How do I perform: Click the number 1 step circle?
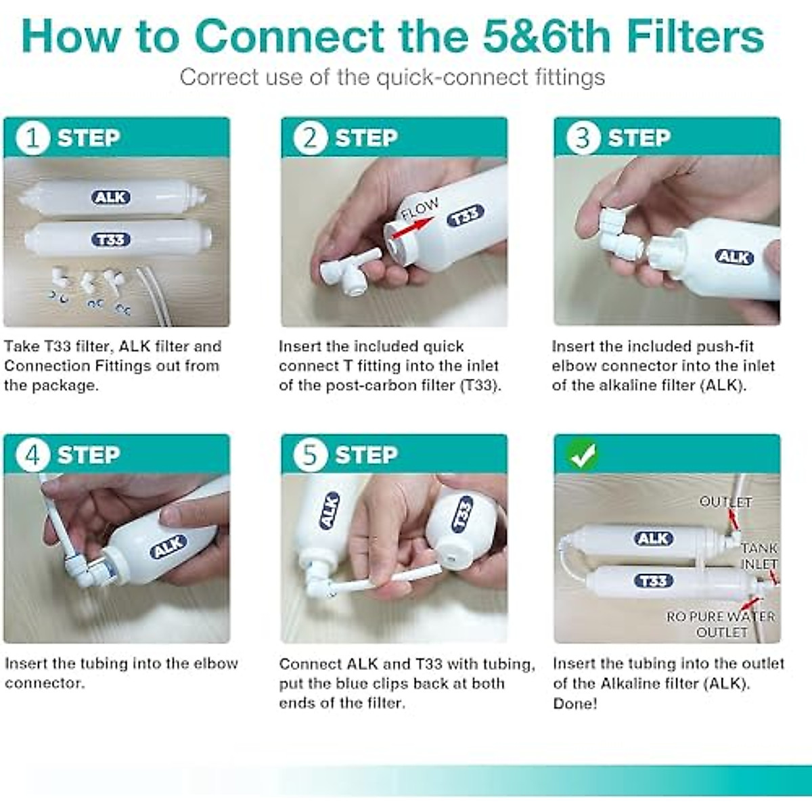tap(33, 138)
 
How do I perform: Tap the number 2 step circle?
tap(310, 138)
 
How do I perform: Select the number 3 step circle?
tap(583, 138)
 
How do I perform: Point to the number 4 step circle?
tap(33, 455)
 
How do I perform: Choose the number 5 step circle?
tap(310, 455)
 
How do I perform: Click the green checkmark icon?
tap(583, 455)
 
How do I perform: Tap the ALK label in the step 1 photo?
tap(111, 197)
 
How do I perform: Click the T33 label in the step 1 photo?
tap(111, 240)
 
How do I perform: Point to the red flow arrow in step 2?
tap(412, 226)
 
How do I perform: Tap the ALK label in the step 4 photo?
tap(168, 547)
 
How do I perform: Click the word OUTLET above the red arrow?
tap(725, 502)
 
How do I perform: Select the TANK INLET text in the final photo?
tap(759, 556)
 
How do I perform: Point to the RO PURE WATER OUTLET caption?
tap(721, 624)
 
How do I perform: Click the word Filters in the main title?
tap(696, 37)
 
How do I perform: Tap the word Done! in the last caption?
tap(575, 703)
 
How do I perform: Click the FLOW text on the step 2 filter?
tap(420, 209)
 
